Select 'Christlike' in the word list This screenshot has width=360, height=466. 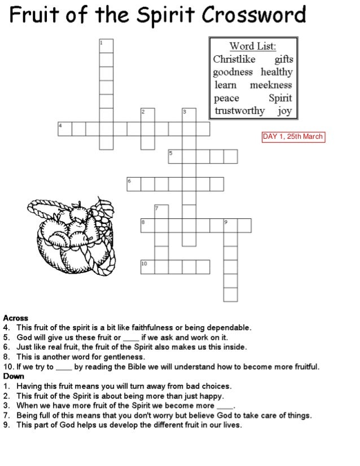point(234,59)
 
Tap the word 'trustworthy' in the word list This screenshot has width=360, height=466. point(238,111)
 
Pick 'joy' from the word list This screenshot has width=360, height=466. point(284,111)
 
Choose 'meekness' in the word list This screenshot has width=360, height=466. point(271,85)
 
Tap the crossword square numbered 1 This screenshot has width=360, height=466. point(106,46)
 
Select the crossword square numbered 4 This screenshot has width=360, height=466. point(64,129)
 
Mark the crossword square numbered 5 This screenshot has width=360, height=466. point(175,156)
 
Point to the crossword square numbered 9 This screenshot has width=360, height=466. point(230,226)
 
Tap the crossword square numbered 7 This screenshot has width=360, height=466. point(161,212)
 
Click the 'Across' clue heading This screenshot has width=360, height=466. point(15,318)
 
